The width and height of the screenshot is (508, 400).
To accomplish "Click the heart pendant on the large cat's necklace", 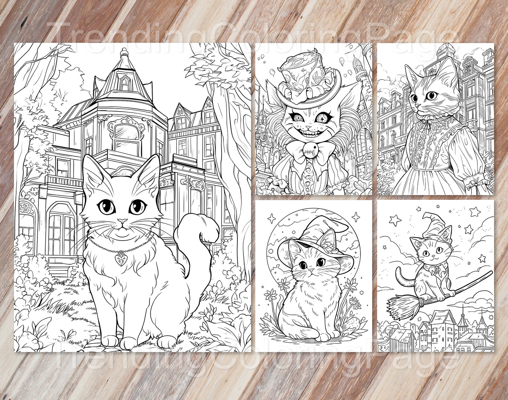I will coord(121,259).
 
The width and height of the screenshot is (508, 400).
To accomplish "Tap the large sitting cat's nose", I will coord(122,221).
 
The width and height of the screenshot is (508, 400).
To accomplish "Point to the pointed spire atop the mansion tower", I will coord(123,53).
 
